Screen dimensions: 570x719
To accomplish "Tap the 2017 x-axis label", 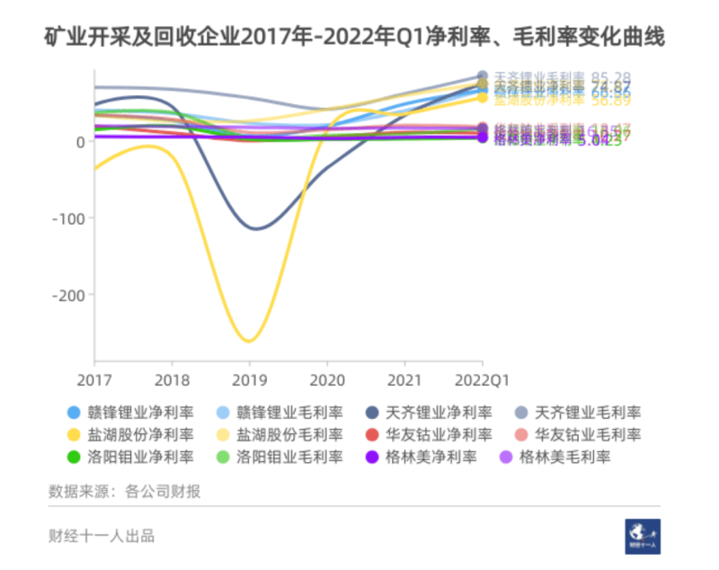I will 93,379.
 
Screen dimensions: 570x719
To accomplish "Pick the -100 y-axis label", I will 68,218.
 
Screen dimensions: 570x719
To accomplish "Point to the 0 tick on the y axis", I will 81,141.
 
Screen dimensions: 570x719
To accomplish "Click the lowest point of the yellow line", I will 249,341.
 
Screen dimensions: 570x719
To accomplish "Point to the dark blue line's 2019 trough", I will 257,228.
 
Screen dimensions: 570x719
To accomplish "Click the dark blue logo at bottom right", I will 643,536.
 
